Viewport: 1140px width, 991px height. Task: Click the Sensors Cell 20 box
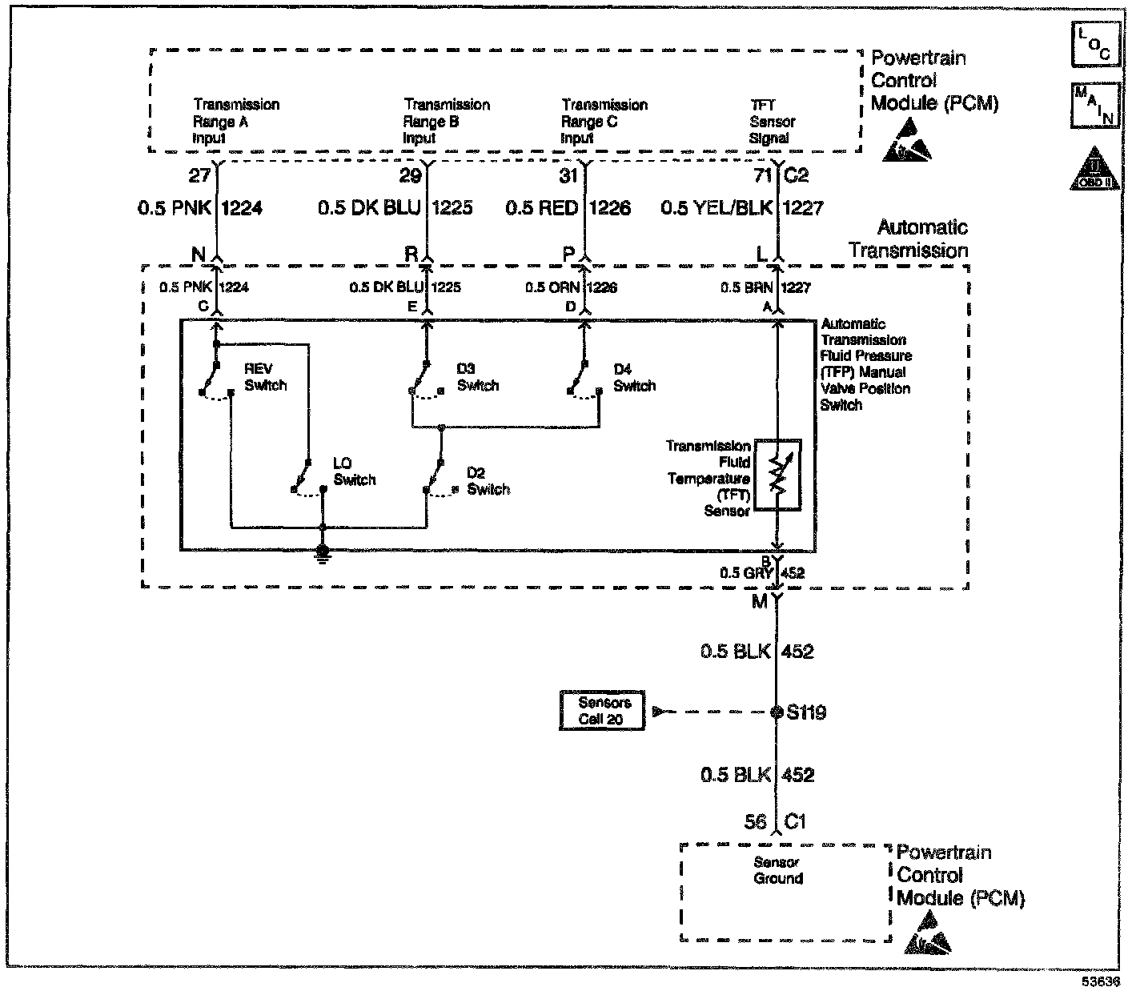[604, 711]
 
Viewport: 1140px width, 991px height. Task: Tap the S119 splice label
[806, 712]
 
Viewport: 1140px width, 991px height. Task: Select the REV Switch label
[265, 377]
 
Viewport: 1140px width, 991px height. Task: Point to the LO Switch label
[354, 471]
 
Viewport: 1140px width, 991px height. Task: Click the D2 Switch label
[488, 481]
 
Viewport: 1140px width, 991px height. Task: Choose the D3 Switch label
[477, 377]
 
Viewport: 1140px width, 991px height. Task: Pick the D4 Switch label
[634, 378]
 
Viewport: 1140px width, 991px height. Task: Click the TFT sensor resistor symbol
[777, 475]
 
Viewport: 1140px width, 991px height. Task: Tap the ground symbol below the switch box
[323, 553]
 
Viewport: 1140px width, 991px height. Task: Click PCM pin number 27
[199, 175]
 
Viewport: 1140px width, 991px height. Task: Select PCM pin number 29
[410, 175]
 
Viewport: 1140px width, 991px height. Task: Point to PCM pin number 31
[568, 175]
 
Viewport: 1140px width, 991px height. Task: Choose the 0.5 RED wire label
[541, 208]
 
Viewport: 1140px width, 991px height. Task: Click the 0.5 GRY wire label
[735, 573]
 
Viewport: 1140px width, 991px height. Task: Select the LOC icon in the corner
[1094, 45]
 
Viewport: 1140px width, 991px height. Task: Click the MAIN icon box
[1094, 106]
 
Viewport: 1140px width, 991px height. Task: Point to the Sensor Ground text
[777, 870]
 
